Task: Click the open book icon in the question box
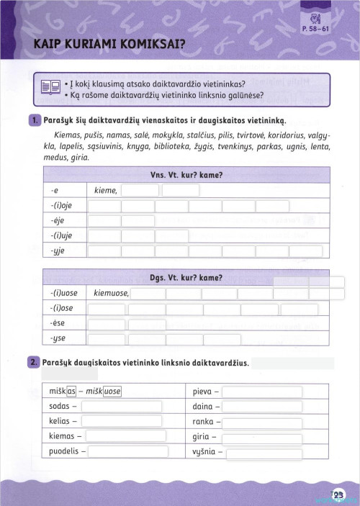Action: [x=50, y=89]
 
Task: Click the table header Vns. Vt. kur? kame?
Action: [x=186, y=175]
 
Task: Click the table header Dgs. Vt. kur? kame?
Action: [x=186, y=277]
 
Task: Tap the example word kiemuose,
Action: [x=110, y=294]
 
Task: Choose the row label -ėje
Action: [x=59, y=221]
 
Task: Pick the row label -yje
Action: [x=59, y=251]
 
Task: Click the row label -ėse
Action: [x=59, y=324]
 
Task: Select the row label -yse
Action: [x=59, y=339]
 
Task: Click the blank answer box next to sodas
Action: [x=121, y=406]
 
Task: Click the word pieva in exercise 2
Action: [x=202, y=392]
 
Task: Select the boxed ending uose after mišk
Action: [x=113, y=391]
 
